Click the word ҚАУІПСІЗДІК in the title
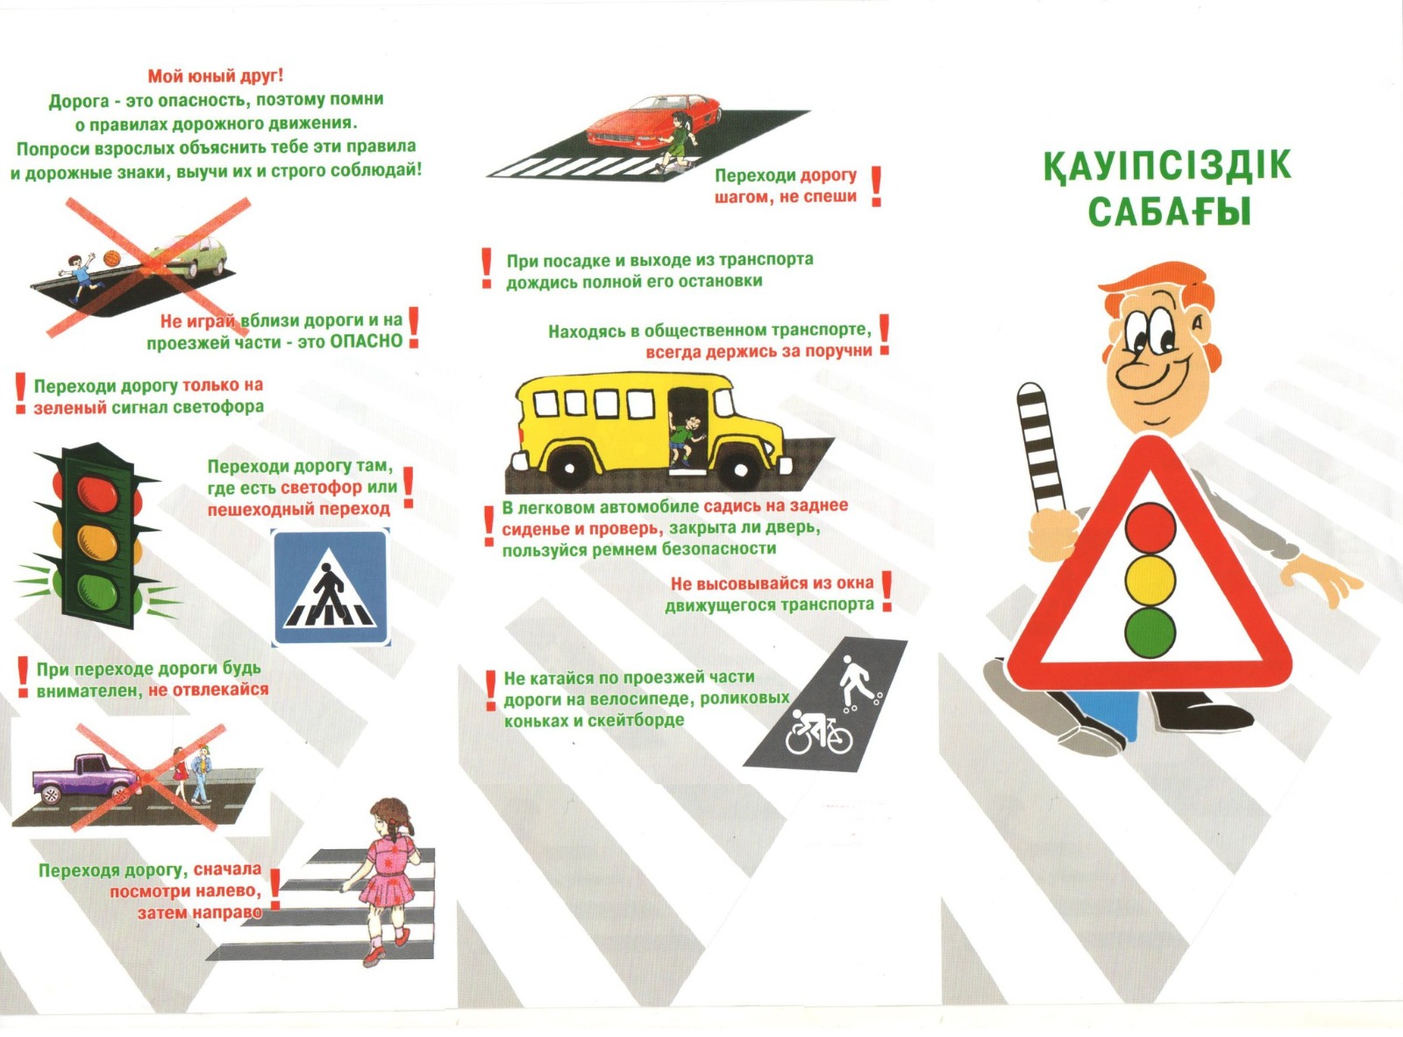pos(1167,167)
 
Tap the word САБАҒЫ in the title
pos(1170,211)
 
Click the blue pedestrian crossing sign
pos(331,588)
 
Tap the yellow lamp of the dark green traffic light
pos(98,542)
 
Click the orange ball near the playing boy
pos(112,258)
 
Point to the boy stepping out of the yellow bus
pos(684,439)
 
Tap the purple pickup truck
pos(86,777)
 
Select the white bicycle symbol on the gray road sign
pos(818,732)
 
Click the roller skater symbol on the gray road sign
pos(859,681)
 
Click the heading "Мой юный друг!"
pos(216,76)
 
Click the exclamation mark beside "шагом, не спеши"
pos(876,186)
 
